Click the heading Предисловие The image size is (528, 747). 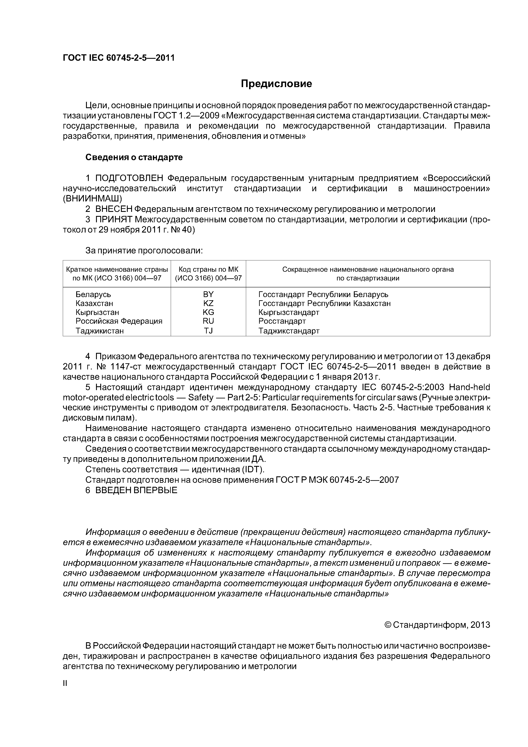276,84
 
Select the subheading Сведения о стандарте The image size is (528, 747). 134,157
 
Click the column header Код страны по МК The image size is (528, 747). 208,269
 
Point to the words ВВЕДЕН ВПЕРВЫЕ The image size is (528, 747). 136,490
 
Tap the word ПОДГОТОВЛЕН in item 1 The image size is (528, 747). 129,178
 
